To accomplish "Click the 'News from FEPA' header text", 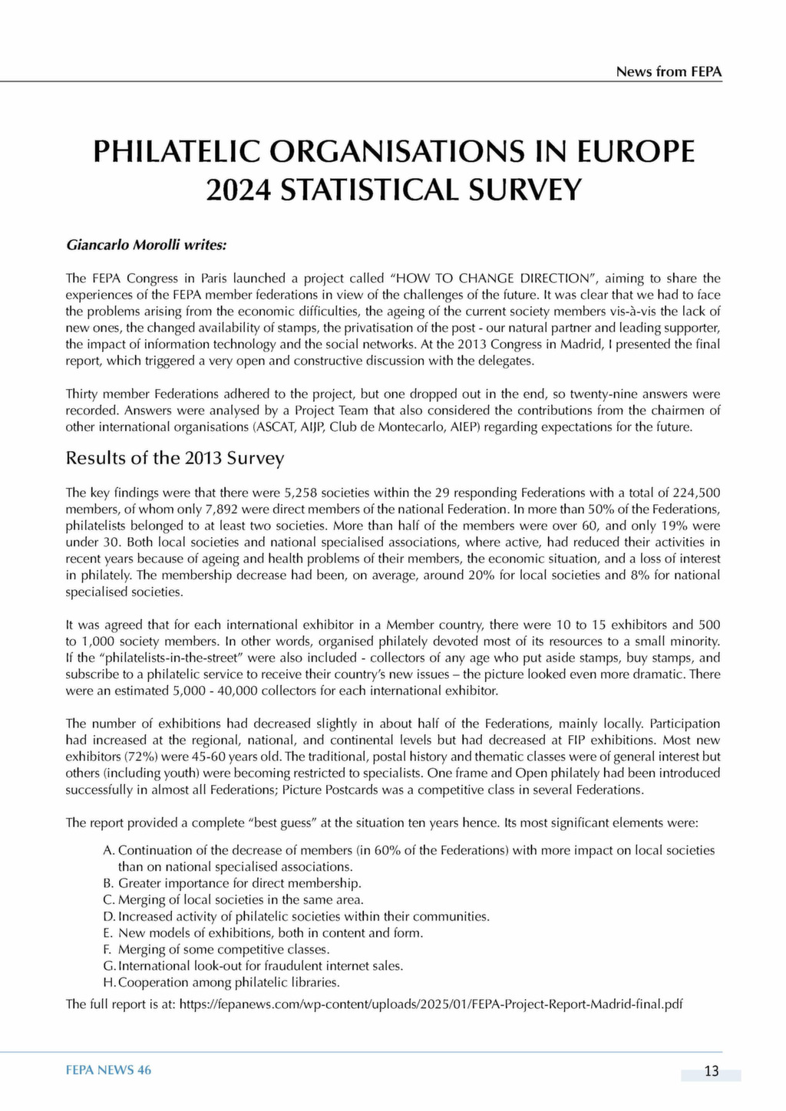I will click(x=669, y=71).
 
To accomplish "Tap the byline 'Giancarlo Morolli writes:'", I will click(x=147, y=246).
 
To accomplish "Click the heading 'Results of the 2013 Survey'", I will click(x=175, y=458).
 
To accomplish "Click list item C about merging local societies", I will click(x=233, y=899).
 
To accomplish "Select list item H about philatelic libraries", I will click(x=222, y=982).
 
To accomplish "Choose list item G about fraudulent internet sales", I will click(x=253, y=966).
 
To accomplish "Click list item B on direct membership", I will click(x=232, y=883).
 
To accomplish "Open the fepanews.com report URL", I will click(x=431, y=1004).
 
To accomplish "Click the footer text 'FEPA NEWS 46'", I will click(x=108, y=1070).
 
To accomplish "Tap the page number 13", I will click(x=711, y=1071).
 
